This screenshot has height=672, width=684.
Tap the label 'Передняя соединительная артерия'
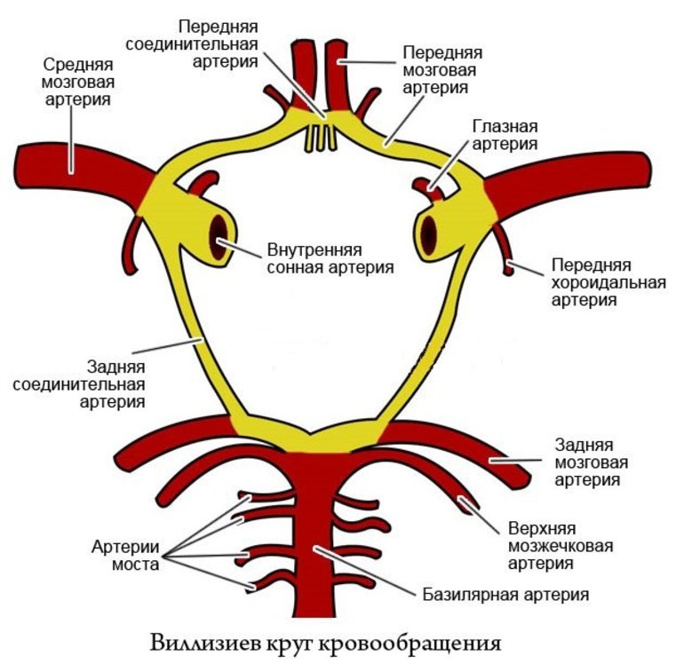pyautogui.click(x=219, y=42)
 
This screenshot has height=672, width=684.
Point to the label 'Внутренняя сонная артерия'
pyautogui.click(x=330, y=257)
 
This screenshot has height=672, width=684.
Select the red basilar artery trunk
pyautogui.click(x=316, y=533)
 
